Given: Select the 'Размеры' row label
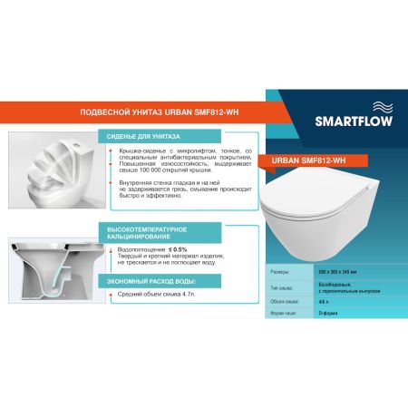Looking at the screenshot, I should click(x=281, y=272).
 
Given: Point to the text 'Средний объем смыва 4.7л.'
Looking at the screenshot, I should click(x=160, y=295).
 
